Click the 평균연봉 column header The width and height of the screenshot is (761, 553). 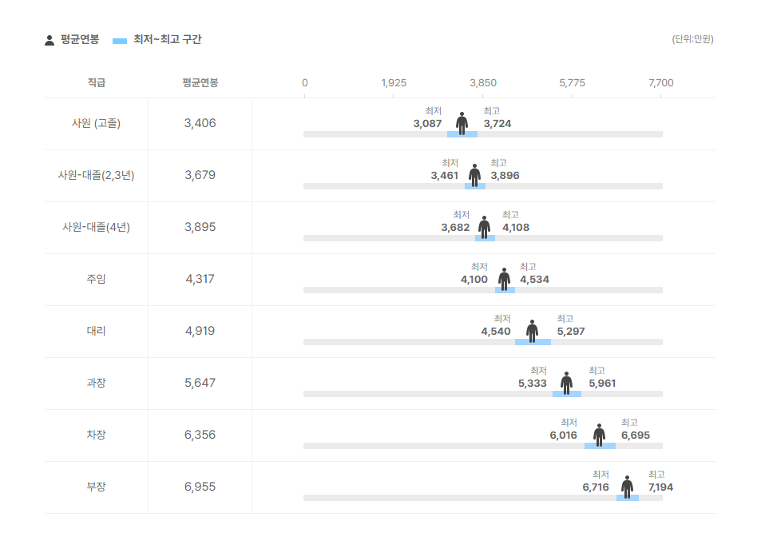pyautogui.click(x=200, y=83)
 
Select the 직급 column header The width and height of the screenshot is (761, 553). pyautogui.click(x=96, y=83)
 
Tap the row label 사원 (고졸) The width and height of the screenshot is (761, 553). pyautogui.click(x=96, y=123)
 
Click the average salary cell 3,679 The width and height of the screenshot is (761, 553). pyautogui.click(x=200, y=175)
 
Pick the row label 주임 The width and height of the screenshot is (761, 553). pyautogui.click(x=96, y=279)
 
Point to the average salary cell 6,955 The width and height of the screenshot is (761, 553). pyautogui.click(x=200, y=487)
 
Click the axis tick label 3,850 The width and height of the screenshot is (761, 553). pyautogui.click(x=482, y=83)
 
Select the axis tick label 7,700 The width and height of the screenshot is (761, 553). pyautogui.click(x=661, y=83)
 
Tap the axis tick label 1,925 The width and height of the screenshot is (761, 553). pyautogui.click(x=394, y=83)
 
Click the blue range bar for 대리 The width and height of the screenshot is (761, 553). pyautogui.click(x=533, y=342)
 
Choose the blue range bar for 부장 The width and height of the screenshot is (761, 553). pyautogui.click(x=627, y=498)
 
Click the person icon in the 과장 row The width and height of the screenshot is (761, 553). pyautogui.click(x=566, y=383)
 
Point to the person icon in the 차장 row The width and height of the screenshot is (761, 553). pyautogui.click(x=600, y=435)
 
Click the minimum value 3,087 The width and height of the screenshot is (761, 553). pyautogui.click(x=427, y=124)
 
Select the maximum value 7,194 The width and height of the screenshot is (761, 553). pyautogui.click(x=660, y=487)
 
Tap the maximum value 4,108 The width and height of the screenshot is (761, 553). pyautogui.click(x=515, y=228)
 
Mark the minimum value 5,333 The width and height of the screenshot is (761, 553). pyautogui.click(x=532, y=384)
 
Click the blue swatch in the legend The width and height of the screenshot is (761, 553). pyautogui.click(x=120, y=40)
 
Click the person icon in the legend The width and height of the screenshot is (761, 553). pyautogui.click(x=50, y=40)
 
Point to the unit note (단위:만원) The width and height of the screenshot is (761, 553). pyautogui.click(x=692, y=39)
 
